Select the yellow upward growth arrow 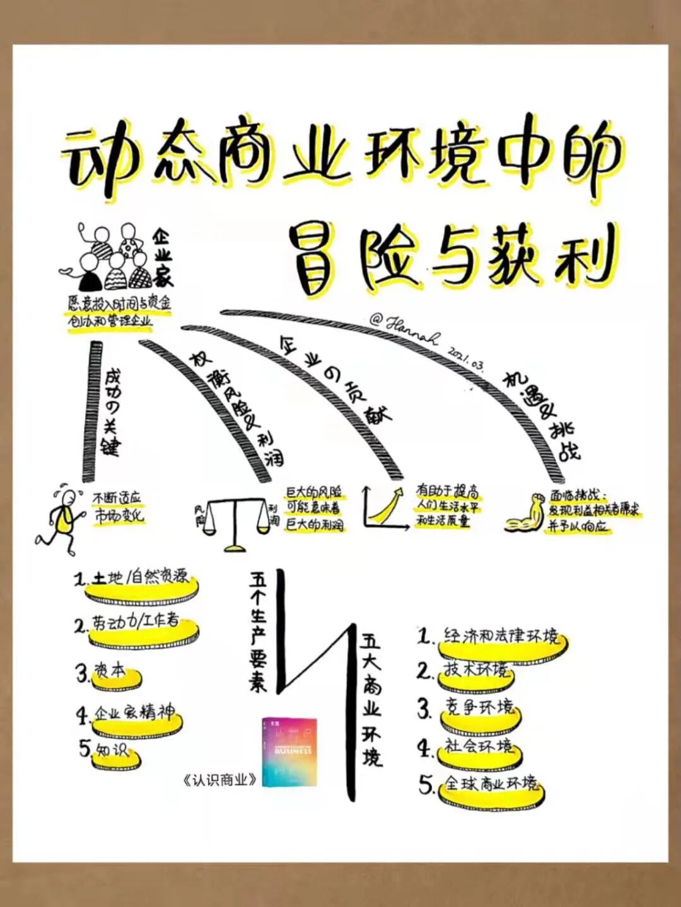point(385,506)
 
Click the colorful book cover point(289,751)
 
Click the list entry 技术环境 point(475,669)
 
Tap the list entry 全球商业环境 point(491,784)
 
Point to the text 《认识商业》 point(219,780)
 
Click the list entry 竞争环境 point(479,707)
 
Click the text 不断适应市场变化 point(119,508)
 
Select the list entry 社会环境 point(479,746)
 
